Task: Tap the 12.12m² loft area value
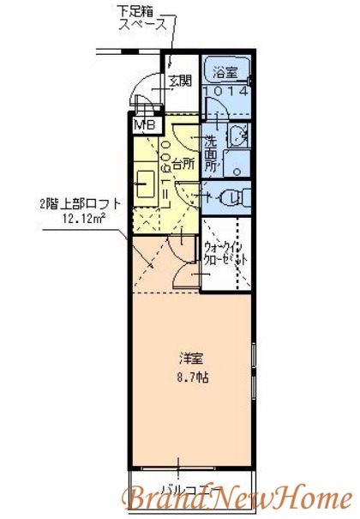click(x=83, y=219)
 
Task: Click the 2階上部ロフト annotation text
click(x=80, y=204)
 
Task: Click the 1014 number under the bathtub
click(x=226, y=89)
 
